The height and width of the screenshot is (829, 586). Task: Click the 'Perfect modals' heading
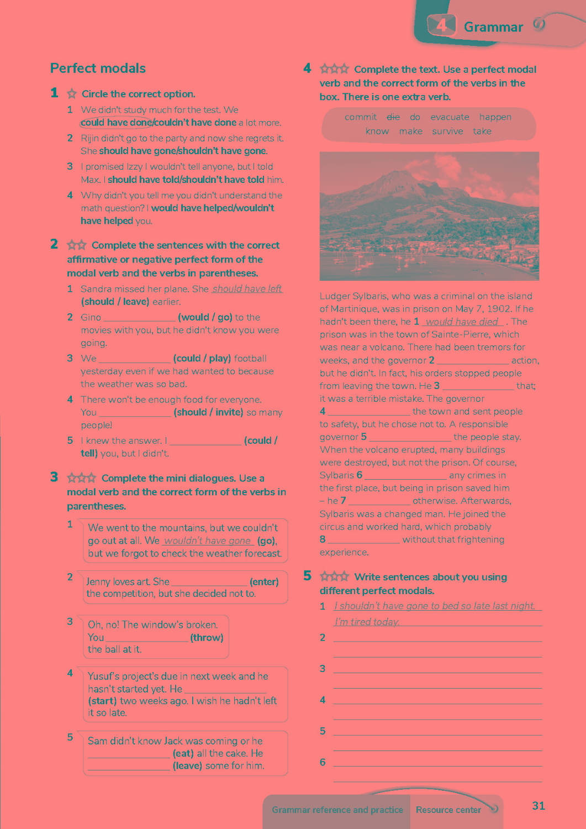pos(98,69)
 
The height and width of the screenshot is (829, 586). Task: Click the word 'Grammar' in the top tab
pos(493,27)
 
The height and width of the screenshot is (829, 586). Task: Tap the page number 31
pos(539,806)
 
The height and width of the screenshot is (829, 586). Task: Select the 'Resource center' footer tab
pos(448,810)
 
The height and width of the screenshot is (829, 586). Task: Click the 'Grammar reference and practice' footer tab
pos(337,810)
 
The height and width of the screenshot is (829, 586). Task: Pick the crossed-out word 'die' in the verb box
pos(393,117)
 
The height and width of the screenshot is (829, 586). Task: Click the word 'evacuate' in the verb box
pos(450,117)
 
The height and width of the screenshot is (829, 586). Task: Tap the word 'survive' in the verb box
pos(447,132)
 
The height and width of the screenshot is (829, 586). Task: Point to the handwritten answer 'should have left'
pos(247,288)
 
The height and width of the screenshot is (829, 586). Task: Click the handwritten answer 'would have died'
pos(462,322)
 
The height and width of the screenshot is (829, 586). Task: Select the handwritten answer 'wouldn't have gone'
pos(208,541)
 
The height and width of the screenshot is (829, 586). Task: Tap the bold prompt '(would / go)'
pos(205,317)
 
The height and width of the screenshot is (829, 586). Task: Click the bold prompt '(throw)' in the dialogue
pos(207,637)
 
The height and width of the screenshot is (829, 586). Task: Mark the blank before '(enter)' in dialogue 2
pos(209,581)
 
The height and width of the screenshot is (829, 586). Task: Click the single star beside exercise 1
pos(72,94)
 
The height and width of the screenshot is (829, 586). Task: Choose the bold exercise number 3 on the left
pos(54,478)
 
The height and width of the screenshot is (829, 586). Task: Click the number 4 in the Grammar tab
pos(441,25)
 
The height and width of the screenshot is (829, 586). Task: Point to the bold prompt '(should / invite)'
pos(208,412)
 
